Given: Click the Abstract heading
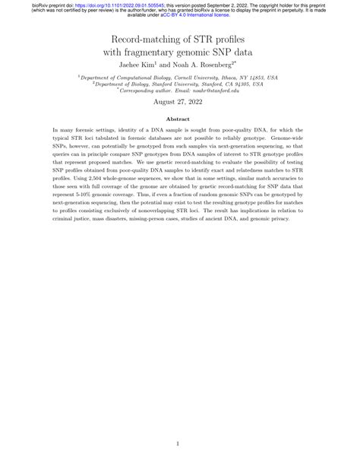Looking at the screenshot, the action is (x=180, y=119).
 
